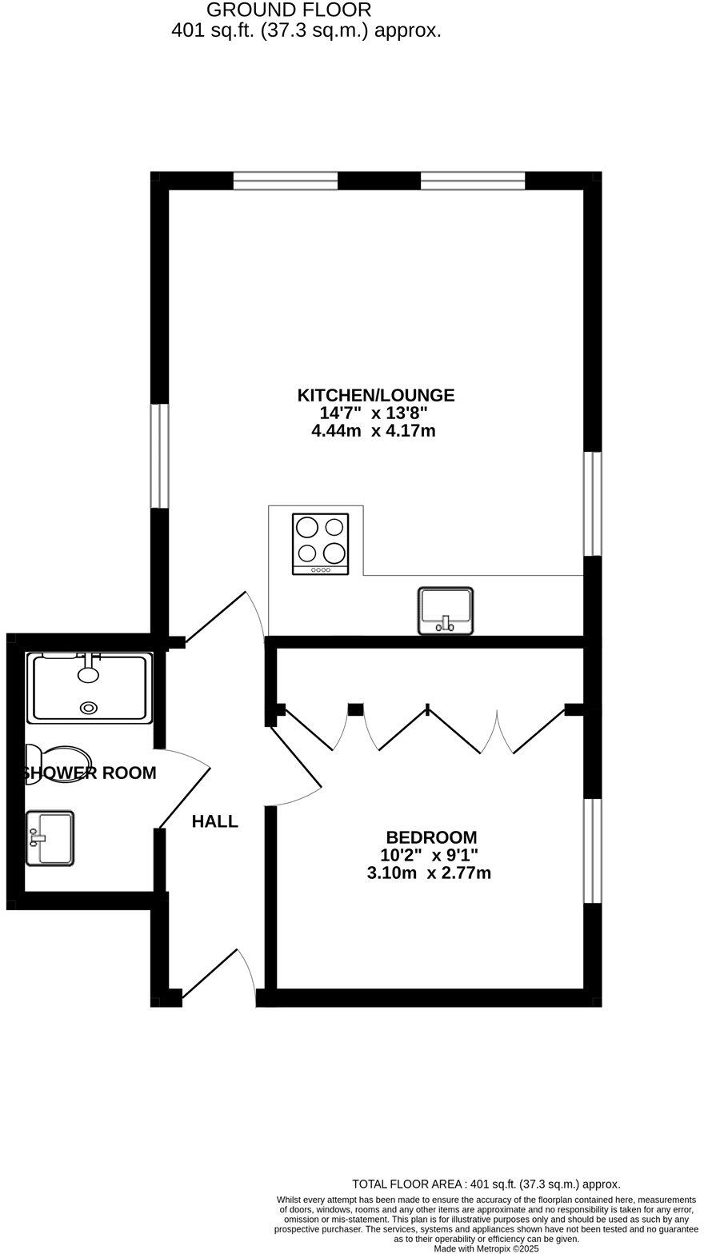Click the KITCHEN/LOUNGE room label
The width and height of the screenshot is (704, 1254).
click(x=375, y=395)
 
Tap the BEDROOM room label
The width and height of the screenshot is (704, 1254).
click(x=431, y=837)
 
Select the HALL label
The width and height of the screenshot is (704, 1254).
click(x=214, y=821)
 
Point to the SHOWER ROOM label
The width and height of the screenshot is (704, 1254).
click(x=90, y=773)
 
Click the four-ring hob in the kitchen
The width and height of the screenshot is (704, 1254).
click(x=320, y=542)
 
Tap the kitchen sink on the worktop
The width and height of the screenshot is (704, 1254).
click(x=445, y=610)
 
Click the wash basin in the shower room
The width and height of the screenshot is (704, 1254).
click(x=50, y=837)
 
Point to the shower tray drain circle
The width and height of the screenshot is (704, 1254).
click(x=88, y=707)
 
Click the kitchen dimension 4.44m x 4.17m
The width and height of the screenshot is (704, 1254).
click(x=373, y=431)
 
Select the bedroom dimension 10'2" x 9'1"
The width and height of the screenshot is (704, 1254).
click(x=429, y=855)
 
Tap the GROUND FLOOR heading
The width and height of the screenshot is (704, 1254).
click(x=289, y=10)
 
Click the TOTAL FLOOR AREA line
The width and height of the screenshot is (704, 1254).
click(x=486, y=1184)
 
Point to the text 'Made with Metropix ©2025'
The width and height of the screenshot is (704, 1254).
click(x=486, y=1248)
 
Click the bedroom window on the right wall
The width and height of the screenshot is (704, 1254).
click(x=592, y=849)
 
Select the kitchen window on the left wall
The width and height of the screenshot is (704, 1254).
click(x=160, y=455)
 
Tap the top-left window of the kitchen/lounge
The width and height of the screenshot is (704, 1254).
click(x=286, y=181)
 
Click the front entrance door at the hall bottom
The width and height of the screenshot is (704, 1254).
click(x=216, y=976)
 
